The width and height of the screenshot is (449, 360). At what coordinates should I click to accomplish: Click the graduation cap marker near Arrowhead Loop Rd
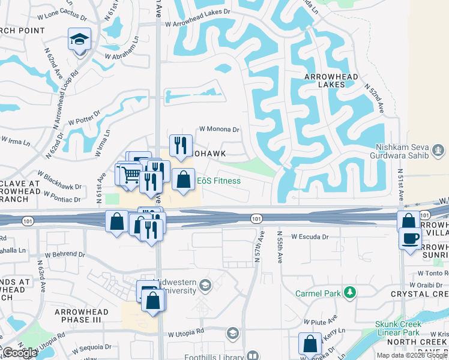[79, 40]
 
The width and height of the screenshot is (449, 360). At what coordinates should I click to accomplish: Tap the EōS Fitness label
[219, 181]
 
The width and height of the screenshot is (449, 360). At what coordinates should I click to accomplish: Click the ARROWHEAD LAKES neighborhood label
[332, 81]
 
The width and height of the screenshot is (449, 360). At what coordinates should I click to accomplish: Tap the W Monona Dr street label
[219, 129]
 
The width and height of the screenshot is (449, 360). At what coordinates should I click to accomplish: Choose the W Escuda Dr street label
[310, 237]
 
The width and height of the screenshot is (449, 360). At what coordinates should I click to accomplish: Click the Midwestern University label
[175, 286]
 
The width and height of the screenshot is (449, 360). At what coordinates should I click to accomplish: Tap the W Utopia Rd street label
[186, 332]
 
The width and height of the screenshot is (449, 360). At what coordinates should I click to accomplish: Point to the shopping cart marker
[131, 176]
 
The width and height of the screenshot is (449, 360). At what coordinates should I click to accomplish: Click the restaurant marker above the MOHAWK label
[179, 145]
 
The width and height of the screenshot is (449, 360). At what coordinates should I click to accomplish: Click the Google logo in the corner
[20, 353]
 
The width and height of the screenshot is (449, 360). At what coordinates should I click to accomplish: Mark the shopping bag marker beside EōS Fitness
[184, 179]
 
